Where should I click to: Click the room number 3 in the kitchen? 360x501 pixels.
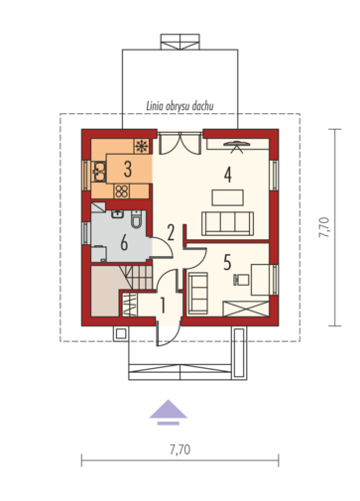[x=128, y=169]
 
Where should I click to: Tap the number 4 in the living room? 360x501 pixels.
[x=228, y=175]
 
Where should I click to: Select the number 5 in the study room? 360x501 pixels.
[x=227, y=262]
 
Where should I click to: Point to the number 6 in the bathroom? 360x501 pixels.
[x=124, y=243]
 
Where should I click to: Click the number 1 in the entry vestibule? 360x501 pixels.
[x=163, y=305]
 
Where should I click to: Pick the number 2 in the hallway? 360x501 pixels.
[x=171, y=232]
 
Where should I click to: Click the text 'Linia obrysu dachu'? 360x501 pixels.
[x=180, y=106]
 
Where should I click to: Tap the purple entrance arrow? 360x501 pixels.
[x=169, y=412]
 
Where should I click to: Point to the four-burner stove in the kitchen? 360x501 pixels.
[x=122, y=191]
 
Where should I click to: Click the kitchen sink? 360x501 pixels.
[x=99, y=172]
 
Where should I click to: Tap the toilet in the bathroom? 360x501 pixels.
[x=136, y=219]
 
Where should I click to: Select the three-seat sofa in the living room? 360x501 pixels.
[x=227, y=223]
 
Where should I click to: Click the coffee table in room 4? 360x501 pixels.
[x=228, y=197]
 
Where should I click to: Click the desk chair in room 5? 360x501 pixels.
[x=241, y=280]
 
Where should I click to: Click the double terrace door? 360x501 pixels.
[x=180, y=144]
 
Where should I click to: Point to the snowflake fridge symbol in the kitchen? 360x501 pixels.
[x=142, y=146]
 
